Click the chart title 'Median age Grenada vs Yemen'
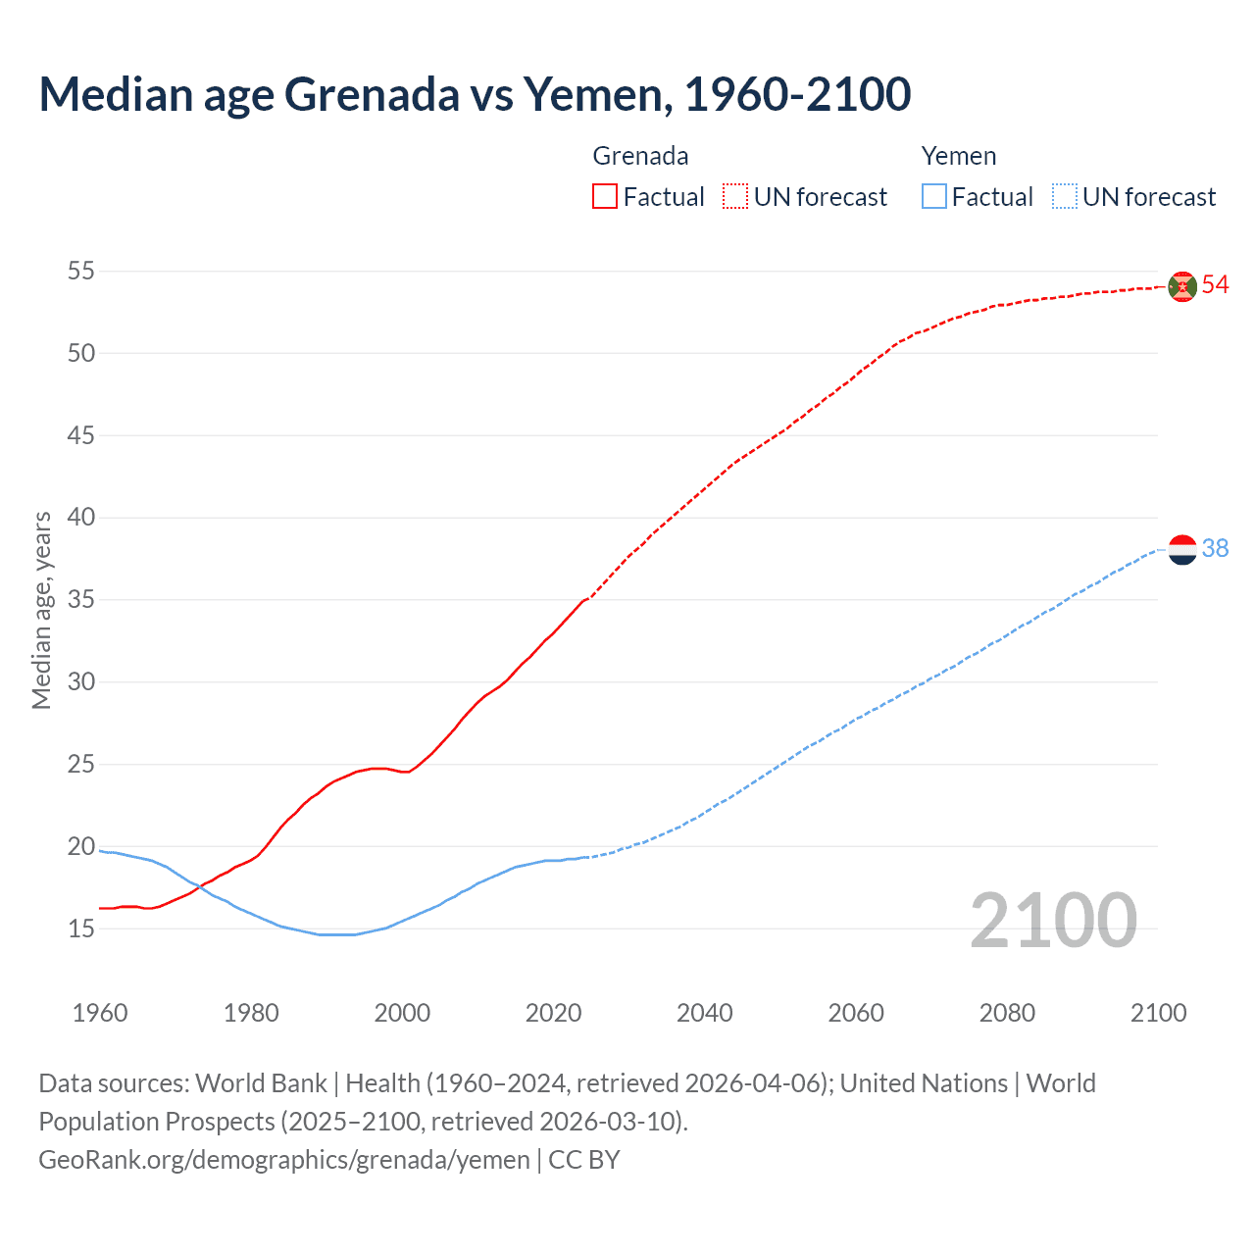pyautogui.click(x=475, y=94)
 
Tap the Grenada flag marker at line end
pyautogui.click(x=1182, y=286)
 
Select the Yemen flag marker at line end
pyautogui.click(x=1182, y=550)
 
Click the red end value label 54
pyautogui.click(x=1215, y=285)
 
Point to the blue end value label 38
pyautogui.click(x=1215, y=549)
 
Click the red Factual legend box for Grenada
pyautogui.click(x=605, y=197)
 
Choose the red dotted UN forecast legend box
pyautogui.click(x=735, y=197)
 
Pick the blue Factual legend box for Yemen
pyautogui.click(x=934, y=197)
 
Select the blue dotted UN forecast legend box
pyautogui.click(x=1065, y=197)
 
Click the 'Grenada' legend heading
pyautogui.click(x=640, y=156)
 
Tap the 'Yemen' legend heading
pyautogui.click(x=958, y=156)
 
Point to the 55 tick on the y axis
pyautogui.click(x=81, y=271)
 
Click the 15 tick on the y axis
pyautogui.click(x=81, y=929)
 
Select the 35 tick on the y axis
pyautogui.click(x=81, y=599)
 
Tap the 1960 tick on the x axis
pyautogui.click(x=100, y=1013)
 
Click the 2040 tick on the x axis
pyautogui.click(x=704, y=1013)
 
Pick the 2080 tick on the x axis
pyautogui.click(x=1007, y=1013)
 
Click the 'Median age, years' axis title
pyautogui.click(x=41, y=610)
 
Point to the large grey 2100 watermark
pyautogui.click(x=1053, y=922)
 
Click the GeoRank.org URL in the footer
pyautogui.click(x=284, y=1160)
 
